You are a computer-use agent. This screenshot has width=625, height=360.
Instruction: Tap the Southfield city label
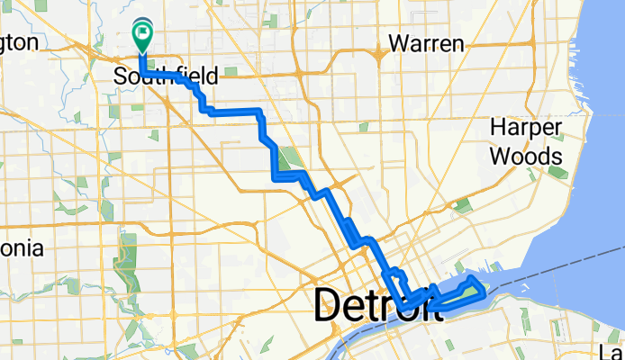tap(157, 77)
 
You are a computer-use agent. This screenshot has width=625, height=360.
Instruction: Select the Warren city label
tap(425, 43)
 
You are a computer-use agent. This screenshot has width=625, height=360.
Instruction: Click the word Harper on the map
tap(526, 128)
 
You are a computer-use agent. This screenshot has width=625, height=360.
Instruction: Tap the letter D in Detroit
tap(329, 306)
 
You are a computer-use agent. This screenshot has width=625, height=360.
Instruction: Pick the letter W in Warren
tap(397, 43)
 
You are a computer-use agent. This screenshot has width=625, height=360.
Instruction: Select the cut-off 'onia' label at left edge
tap(21, 247)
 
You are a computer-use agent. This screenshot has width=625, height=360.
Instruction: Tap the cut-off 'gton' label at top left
tap(19, 42)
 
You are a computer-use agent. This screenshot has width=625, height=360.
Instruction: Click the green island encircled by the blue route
tap(471, 288)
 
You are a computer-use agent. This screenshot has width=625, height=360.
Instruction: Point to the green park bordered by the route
tap(287, 159)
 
